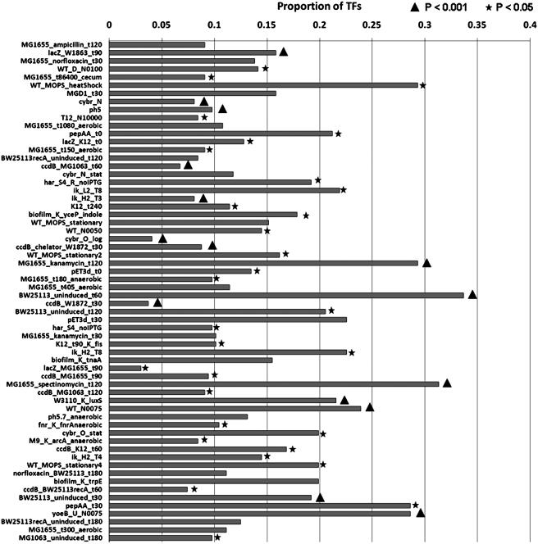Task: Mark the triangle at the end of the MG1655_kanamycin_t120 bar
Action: click(x=426, y=263)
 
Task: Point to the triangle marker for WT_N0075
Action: click(x=370, y=407)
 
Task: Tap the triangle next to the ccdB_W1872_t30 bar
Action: click(x=157, y=303)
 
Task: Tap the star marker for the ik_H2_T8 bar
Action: click(x=352, y=352)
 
